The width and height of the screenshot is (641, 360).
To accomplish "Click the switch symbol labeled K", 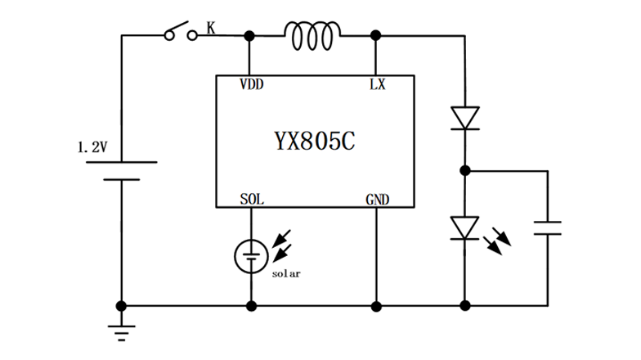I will coord(181,33).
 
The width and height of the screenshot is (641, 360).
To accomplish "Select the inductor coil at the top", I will coord(312,34).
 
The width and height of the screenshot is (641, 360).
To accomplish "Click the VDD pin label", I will coord(251,84).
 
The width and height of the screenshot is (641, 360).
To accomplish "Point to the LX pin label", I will coord(377,84).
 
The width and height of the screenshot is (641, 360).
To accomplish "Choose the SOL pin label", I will coord(252,199).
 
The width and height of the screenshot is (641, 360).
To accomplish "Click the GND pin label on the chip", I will coord(377,199).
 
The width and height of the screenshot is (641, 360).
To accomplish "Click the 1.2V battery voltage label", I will coord(92,147).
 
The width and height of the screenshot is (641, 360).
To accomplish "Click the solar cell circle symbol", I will coord(251,257).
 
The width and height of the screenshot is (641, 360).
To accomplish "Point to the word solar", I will coord(286,274).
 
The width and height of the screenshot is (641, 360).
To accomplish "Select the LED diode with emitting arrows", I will coord(464,227).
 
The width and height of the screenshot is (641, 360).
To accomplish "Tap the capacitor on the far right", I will coord(548,227).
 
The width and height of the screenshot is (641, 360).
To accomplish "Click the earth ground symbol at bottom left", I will coord(121,329).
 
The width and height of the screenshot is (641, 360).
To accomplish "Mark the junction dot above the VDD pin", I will coord(250,35).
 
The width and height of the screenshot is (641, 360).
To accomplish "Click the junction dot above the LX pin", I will coord(376,35).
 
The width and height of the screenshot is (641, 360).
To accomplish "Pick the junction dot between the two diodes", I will coord(464,171).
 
